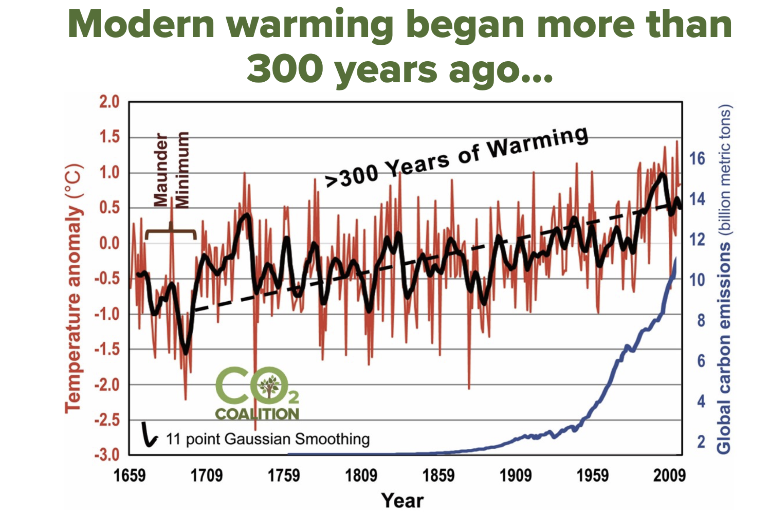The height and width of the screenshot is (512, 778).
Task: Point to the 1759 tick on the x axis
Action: tap(283, 476)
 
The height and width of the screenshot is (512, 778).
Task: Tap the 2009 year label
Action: tap(669, 476)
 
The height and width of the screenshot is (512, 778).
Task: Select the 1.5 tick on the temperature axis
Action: tap(109, 137)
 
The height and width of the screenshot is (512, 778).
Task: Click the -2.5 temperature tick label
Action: tap(107, 420)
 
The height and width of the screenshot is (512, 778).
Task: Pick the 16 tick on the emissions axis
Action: tap(697, 159)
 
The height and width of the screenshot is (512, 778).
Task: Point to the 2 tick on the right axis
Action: tap(701, 442)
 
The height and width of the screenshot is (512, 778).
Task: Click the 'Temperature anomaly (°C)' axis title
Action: tap(74, 288)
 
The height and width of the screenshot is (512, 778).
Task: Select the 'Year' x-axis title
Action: tap(402, 500)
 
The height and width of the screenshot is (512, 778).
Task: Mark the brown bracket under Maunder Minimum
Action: tap(171, 232)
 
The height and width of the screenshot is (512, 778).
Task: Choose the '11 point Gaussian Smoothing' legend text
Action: tap(267, 439)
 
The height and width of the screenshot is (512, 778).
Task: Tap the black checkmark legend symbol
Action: tap(149, 435)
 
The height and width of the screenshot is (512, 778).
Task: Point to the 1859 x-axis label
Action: tap(438, 476)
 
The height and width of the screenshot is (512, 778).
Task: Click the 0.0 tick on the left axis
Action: tap(109, 243)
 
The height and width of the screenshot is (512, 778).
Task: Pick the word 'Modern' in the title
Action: tap(141, 25)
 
